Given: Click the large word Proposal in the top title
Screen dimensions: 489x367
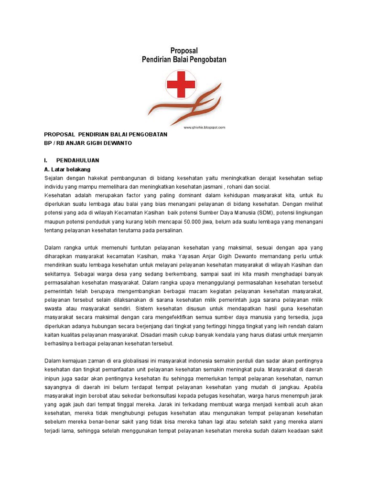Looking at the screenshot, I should click(x=184, y=50).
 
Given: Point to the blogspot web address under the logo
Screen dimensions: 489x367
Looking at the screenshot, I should click(x=204, y=128).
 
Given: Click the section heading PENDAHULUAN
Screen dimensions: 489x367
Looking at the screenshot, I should click(x=77, y=160).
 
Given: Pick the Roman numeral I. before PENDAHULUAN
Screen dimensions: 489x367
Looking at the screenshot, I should click(x=46, y=160).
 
